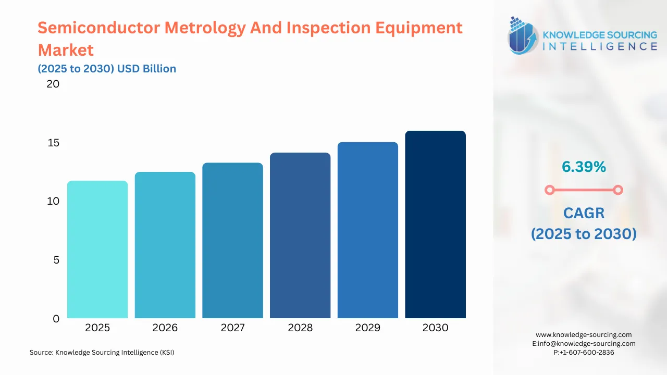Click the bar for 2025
pyautogui.click(x=97, y=249)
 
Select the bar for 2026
pyautogui.click(x=165, y=245)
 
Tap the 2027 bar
pyautogui.click(x=232, y=241)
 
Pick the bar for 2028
pyautogui.click(x=300, y=235)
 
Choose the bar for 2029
pyautogui.click(x=367, y=230)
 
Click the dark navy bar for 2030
pyautogui.click(x=435, y=224)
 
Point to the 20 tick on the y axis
pyautogui.click(x=53, y=84)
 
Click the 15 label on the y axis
pyautogui.click(x=53, y=143)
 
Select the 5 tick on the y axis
pyautogui.click(x=56, y=260)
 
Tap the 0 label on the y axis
pyautogui.click(x=56, y=319)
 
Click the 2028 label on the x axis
pyautogui.click(x=300, y=328)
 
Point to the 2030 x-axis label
pyautogui.click(x=435, y=328)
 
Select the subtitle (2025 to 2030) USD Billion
pyautogui.click(x=107, y=69)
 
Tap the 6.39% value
pyautogui.click(x=584, y=167)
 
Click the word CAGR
pyautogui.click(x=584, y=213)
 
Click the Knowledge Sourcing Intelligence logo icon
pyautogui.click(x=523, y=35)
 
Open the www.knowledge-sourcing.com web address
pyautogui.click(x=584, y=335)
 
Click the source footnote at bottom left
pyautogui.click(x=102, y=353)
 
